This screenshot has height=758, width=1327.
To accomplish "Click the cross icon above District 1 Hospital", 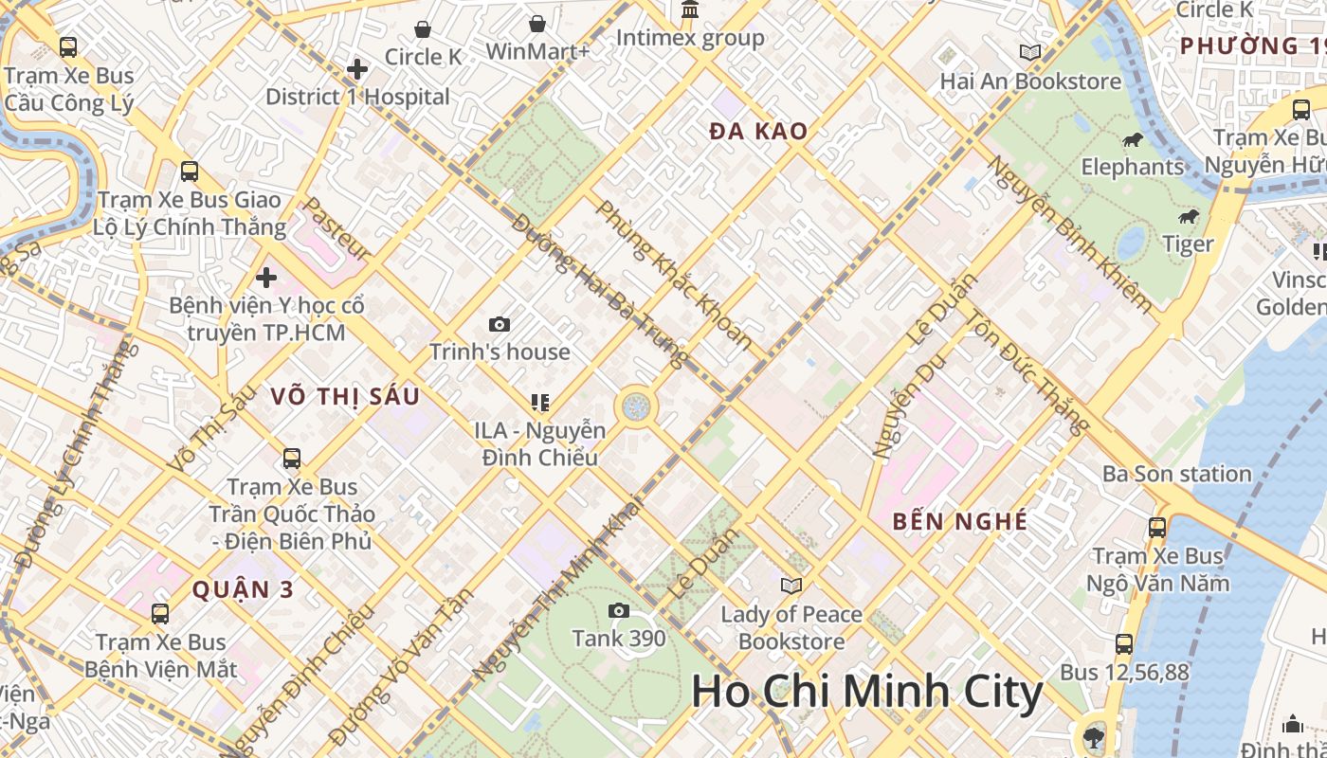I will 357,69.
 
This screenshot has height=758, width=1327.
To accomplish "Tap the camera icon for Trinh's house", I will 500,325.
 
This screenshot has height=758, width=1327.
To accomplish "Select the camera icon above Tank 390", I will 619,610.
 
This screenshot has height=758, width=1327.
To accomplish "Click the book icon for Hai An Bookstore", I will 1029,53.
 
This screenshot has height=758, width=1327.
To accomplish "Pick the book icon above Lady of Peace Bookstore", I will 791,586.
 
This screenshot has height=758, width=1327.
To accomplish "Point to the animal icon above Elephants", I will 1132,140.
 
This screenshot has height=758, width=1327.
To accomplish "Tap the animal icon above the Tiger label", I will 1189,217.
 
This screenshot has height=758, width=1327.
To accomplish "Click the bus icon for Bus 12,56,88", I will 1124,644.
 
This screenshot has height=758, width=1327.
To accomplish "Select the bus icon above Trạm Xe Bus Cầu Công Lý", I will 68,46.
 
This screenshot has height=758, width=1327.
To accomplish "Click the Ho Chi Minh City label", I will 866,692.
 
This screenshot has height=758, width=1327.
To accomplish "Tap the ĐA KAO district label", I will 758,132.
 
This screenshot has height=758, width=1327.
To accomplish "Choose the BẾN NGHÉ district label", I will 960,521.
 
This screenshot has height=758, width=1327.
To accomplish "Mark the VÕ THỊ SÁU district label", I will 345,397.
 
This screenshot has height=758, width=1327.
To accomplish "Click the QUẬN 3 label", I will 243,589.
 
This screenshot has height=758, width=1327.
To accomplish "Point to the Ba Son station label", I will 1177,474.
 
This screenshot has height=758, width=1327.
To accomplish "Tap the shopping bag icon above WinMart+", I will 537,24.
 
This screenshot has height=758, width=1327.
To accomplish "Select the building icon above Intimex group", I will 690,10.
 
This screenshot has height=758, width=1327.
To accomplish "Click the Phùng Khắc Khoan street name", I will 674,275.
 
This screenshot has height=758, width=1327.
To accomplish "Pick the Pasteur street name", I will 336,229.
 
